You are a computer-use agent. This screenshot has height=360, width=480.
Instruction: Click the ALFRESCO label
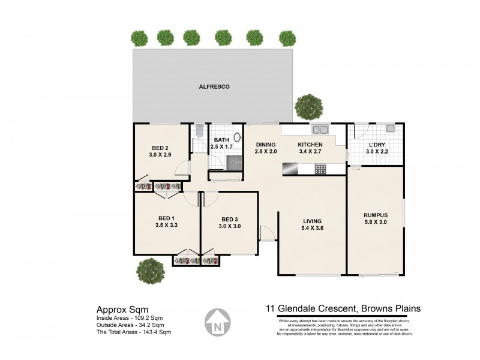214,86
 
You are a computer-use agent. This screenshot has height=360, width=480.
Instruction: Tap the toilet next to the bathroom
200,131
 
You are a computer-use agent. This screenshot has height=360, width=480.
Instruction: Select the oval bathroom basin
238,137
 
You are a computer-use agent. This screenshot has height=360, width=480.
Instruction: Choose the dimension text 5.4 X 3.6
311,228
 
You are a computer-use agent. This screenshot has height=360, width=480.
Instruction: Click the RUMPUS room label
376,215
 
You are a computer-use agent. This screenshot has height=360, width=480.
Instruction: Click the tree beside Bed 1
150,271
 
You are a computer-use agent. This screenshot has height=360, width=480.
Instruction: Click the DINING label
265,145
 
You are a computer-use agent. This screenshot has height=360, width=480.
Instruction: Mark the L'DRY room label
376,145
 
